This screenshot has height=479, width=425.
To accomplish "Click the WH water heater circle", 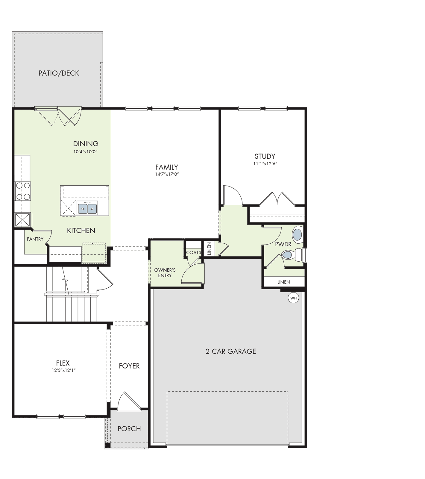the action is pyautogui.click(x=293, y=298).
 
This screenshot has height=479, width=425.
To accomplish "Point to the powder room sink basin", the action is pyautogui.click(x=297, y=235).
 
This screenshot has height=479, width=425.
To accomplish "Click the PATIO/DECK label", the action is pyautogui.click(x=59, y=73).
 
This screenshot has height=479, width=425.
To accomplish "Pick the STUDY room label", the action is pyautogui.click(x=265, y=156).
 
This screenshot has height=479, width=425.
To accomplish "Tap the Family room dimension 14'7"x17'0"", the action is pyautogui.click(x=167, y=174).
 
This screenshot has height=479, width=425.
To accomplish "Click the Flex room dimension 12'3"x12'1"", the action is pyautogui.click(x=63, y=370).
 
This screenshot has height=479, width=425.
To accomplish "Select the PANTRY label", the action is pyautogui.click(x=35, y=239).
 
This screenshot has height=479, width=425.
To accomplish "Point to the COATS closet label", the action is pyautogui.click(x=194, y=252).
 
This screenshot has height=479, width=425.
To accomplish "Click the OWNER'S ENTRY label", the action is pyautogui.click(x=165, y=273).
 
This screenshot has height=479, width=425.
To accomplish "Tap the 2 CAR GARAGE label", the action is pyautogui.click(x=231, y=351).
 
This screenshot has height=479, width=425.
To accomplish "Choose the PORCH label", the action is pyautogui.click(x=129, y=429).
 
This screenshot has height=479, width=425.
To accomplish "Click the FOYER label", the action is pyautogui.click(x=129, y=366).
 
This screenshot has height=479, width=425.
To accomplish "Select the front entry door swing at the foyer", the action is pyautogui.click(x=129, y=401).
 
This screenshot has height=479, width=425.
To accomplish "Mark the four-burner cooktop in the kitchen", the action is pyautogui.click(x=23, y=191).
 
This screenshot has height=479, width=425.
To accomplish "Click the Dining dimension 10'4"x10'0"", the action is pyautogui.click(x=86, y=152).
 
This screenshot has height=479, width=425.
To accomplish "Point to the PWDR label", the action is pyautogui.click(x=283, y=244).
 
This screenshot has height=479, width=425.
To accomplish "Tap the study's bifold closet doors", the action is pyautogui.click(x=277, y=199).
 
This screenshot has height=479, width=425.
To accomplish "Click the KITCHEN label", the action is pyautogui.click(x=81, y=231).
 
